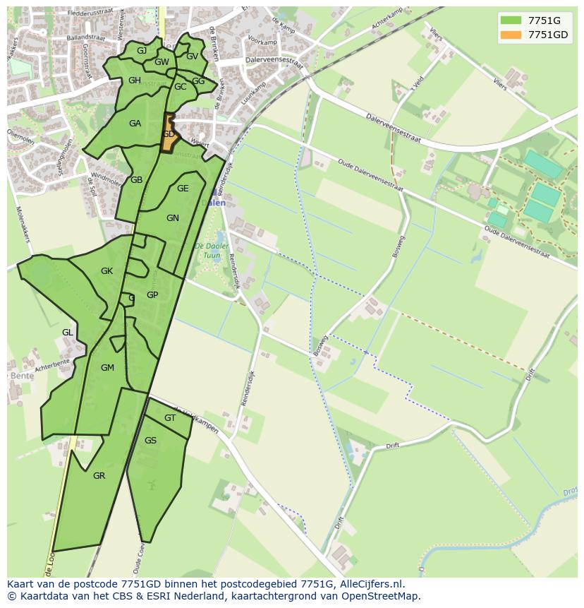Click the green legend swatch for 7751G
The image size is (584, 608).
point(511,20)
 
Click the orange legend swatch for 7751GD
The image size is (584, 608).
point(511,35)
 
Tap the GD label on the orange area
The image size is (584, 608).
point(169,134)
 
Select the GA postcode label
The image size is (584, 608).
point(135,124)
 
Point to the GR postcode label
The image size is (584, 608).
point(99,476)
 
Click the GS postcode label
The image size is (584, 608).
point(150,441)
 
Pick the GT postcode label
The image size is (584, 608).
point(169,418)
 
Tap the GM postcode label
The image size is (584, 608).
point(107,367)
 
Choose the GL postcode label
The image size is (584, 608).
point(68,332)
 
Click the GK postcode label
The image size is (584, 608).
point(107,271)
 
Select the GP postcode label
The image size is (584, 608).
point(152,295)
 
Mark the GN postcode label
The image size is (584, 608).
point(173,218)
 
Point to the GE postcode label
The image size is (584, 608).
point(183,189)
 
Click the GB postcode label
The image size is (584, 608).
point(136,180)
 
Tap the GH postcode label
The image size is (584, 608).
point(135,81)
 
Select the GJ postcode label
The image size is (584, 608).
point(142,50)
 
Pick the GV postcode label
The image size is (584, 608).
point(192,56)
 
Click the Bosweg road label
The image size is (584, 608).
point(399,246)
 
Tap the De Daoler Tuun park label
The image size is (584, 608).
point(212,250)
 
